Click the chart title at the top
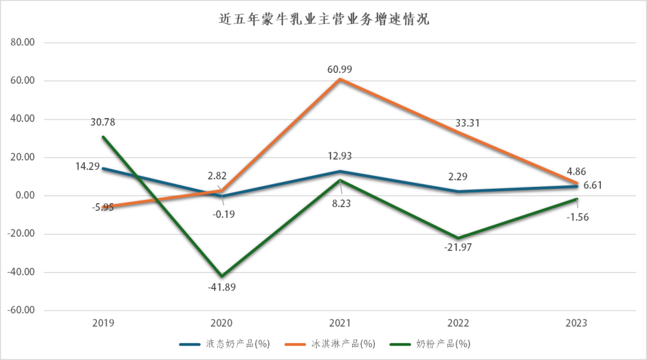coord(324,19)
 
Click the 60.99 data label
coord(340,69)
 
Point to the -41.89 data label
coord(221,287)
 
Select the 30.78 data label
coord(102,122)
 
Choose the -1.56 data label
coord(577,217)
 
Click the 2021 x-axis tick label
coord(340,323)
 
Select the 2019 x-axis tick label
coord(103,323)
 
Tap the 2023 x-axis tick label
coord(576,323)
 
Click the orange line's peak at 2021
coord(340,79)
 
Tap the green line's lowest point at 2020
coord(222,276)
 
